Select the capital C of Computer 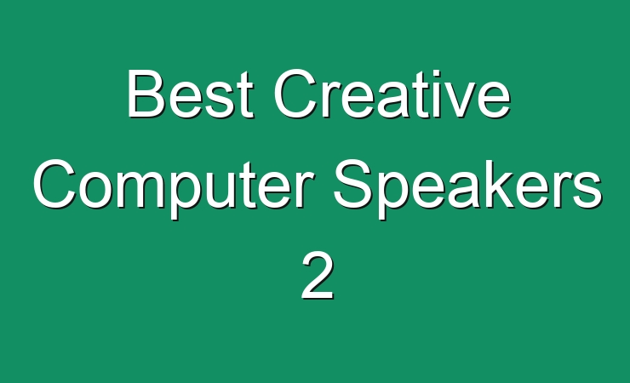[x=55, y=184]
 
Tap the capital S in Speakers [x=353, y=184]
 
